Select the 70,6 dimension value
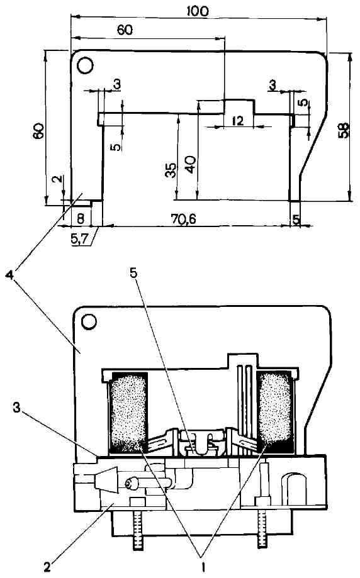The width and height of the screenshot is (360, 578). (183, 219)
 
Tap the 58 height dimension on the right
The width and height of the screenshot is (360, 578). (344, 130)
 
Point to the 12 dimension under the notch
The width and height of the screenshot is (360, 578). (239, 121)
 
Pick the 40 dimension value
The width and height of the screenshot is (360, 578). (191, 164)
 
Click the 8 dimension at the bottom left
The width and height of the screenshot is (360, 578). (81, 218)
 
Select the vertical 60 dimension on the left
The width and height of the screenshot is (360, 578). (38, 131)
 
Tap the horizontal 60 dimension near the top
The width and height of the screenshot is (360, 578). (125, 30)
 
